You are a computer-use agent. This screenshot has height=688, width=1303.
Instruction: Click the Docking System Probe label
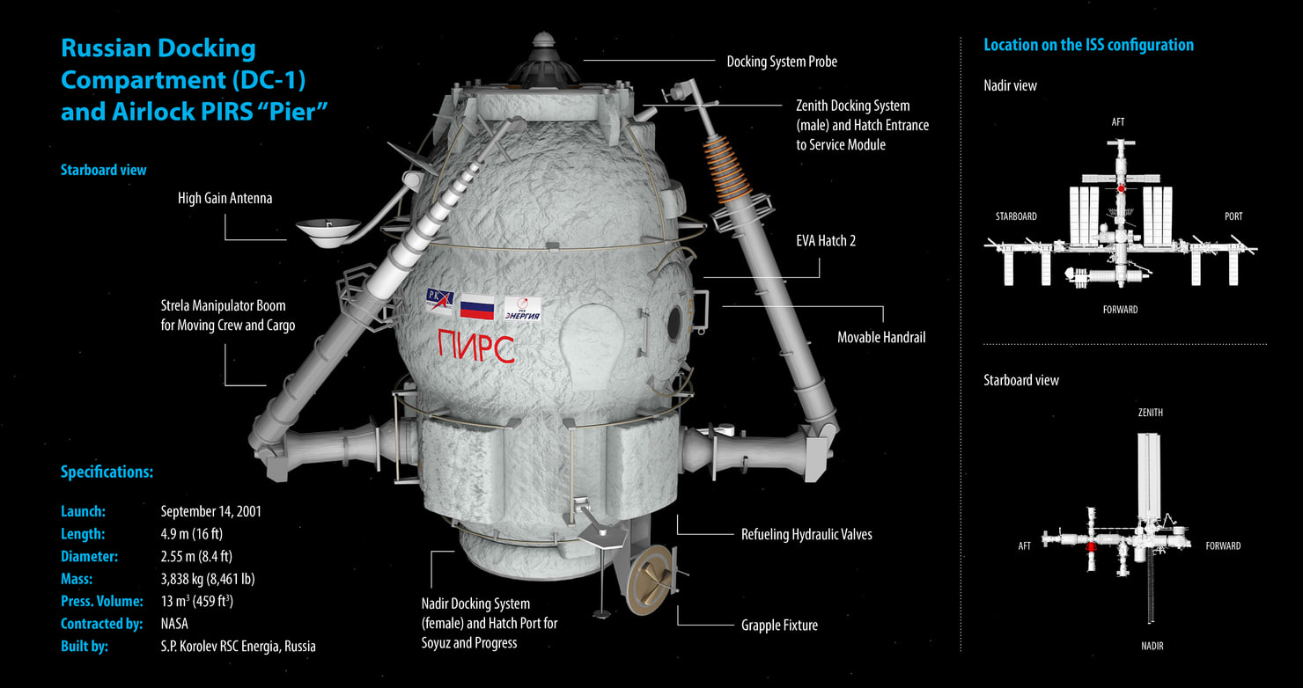pyautogui.click(x=781, y=62)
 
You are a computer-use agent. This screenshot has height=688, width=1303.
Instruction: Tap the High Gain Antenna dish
pyautogui.click(x=328, y=231)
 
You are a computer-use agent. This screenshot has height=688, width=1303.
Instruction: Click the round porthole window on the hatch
pyautogui.click(x=675, y=323)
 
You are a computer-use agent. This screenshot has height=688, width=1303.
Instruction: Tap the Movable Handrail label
pyautogui.click(x=880, y=337)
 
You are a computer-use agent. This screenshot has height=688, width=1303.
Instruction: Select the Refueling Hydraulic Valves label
pyautogui.click(x=806, y=534)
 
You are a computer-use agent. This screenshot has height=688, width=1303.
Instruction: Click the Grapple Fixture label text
pyautogui.click(x=779, y=626)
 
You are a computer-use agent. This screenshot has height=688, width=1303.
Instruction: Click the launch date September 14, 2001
pyautogui.click(x=210, y=511)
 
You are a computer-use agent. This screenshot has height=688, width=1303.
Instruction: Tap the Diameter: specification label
pyautogui.click(x=89, y=556)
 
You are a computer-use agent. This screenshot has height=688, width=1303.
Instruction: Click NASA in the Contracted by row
pyautogui.click(x=175, y=624)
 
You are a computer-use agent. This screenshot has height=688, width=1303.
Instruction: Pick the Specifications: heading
pyautogui.click(x=107, y=472)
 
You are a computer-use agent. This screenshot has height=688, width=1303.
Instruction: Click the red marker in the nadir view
pyautogui.click(x=1120, y=189)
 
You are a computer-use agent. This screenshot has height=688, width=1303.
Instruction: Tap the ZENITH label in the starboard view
pyautogui.click(x=1150, y=413)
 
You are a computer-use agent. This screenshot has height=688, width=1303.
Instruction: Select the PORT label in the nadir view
pyautogui.click(x=1233, y=216)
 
